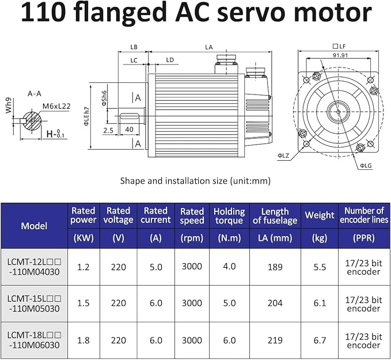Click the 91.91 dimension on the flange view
340,55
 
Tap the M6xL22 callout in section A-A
56,106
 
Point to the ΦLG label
366,165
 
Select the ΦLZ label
283,156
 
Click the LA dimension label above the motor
208,47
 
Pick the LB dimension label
134,47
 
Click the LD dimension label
170,60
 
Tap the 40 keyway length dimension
129,130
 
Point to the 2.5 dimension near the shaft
108,130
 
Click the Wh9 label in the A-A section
9,105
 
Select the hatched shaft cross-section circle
32,121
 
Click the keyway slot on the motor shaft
130,116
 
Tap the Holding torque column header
229,216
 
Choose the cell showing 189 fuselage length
275,267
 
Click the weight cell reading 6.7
320,340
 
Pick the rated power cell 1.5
83,303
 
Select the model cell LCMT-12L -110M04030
34,267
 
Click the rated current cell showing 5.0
156,267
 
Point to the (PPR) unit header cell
364,238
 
